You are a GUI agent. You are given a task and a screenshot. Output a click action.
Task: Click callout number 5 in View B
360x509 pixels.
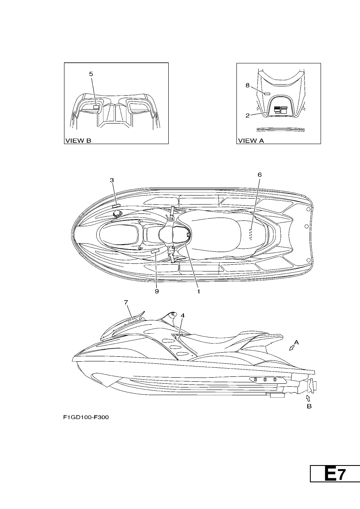[91, 74]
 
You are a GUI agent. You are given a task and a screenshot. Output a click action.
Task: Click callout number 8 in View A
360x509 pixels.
[248, 85]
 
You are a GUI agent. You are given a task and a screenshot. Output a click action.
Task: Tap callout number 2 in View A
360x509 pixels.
[248, 115]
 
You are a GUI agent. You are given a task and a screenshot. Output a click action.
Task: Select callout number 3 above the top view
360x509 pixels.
[112, 180]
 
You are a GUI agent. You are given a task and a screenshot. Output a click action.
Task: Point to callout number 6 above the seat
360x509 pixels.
[259, 174]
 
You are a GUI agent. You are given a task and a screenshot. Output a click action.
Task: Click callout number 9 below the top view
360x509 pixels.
[157, 291]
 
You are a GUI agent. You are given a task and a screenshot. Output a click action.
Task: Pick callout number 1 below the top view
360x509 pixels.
[198, 291]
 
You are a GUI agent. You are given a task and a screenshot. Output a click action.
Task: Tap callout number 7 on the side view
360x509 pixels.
[126, 302]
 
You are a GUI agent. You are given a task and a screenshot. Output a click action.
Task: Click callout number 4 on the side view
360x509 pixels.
[183, 315]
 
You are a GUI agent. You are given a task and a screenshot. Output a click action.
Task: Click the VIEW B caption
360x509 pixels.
[78, 141]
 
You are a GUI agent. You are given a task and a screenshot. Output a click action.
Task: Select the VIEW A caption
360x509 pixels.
[251, 141]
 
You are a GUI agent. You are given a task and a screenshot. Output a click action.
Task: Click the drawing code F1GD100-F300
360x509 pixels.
[86, 417]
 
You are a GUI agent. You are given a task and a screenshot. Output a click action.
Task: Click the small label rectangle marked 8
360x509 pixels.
[267, 94]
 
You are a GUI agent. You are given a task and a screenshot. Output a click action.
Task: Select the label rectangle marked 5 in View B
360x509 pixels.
[96, 107]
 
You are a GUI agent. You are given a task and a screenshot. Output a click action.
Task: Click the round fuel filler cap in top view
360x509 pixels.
[118, 213]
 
